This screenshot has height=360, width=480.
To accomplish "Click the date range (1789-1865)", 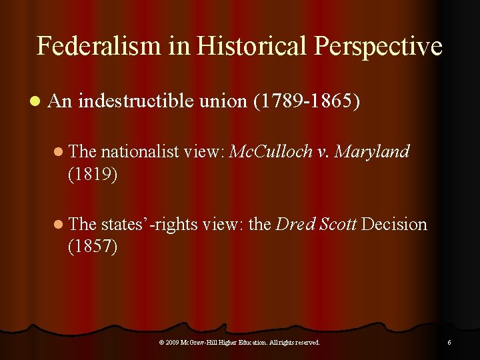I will click(307, 101).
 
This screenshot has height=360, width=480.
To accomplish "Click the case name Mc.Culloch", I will click(271, 152).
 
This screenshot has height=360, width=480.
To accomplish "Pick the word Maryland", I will click(372, 152).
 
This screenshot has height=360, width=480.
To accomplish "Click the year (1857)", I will click(93, 246).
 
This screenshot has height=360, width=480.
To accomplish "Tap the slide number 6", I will click(449, 342).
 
